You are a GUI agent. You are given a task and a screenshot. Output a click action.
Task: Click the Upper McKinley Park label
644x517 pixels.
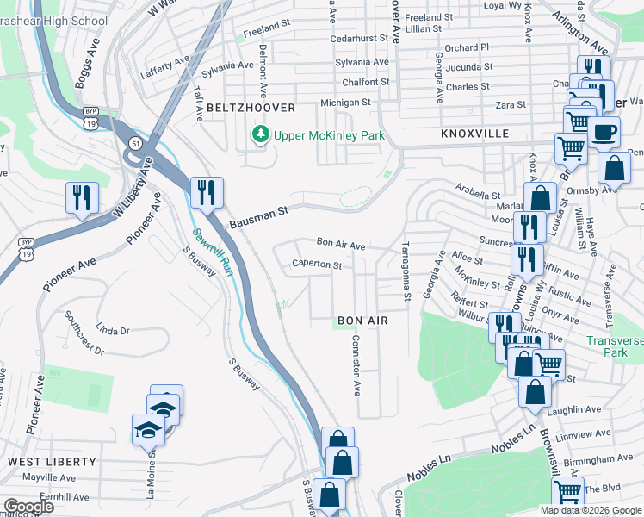coord(329,135)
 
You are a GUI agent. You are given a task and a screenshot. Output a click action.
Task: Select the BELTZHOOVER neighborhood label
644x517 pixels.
coord(251,108)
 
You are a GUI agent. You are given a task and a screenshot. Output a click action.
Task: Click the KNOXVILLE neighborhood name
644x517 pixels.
coord(474,134)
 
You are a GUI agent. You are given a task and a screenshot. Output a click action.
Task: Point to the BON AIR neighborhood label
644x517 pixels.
coord(362,321)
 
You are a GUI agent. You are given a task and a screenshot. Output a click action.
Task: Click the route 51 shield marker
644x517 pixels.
coord(135,142)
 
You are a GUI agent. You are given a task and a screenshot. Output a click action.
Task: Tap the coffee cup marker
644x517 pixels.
coord(604,132)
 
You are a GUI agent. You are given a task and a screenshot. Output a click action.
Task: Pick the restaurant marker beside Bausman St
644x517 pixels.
coord(206,191)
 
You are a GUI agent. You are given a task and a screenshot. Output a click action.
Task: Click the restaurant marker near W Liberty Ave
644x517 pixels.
coord(83,197)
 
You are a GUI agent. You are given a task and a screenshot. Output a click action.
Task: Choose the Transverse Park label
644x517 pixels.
coord(616,346)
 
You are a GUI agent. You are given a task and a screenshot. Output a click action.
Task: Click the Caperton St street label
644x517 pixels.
coord(317,265)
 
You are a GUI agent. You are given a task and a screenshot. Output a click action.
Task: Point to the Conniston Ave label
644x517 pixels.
coord(354,364)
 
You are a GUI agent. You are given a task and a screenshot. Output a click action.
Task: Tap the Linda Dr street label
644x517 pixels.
coord(113,330)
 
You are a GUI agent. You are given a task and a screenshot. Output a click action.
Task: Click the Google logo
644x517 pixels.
coord(29,507)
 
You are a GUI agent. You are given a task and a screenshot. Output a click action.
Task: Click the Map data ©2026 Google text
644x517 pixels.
coord(590,510)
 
